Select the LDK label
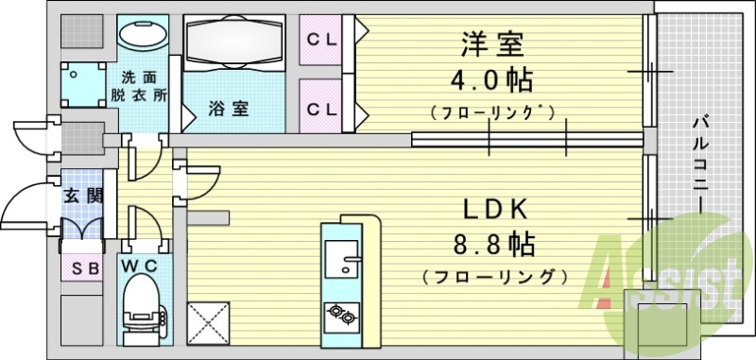[493, 210]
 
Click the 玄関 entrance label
[82, 197]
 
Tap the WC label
[142, 267]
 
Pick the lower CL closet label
[322, 108]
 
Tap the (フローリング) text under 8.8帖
[493, 278]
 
